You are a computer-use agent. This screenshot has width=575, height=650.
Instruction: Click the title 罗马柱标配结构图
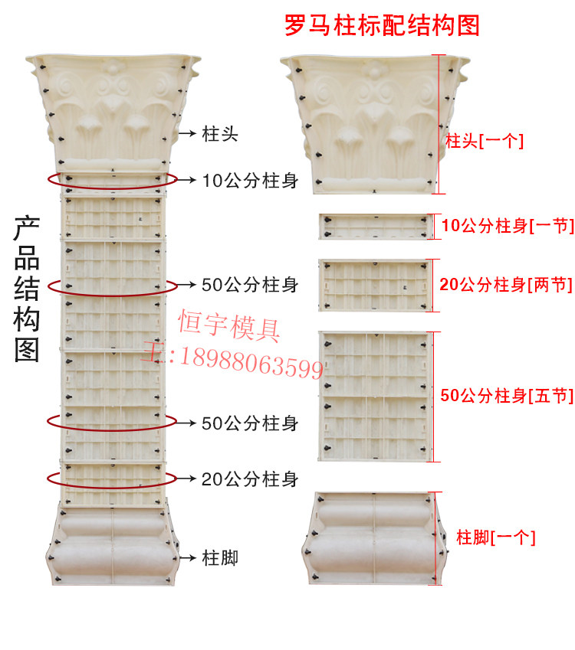click(x=382, y=25)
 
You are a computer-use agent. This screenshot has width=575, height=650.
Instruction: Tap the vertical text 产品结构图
click(x=27, y=289)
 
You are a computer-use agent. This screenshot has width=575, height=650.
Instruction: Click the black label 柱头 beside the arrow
click(x=220, y=133)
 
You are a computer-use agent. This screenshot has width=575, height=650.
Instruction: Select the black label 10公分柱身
click(x=250, y=181)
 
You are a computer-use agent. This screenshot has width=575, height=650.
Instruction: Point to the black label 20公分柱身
click(x=250, y=479)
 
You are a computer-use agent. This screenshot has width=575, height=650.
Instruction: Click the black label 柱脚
click(x=220, y=557)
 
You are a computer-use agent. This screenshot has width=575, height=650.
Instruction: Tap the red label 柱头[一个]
click(x=485, y=141)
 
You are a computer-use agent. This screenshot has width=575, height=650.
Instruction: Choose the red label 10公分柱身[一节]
click(x=508, y=226)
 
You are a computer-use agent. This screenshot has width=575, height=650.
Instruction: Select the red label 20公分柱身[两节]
click(x=506, y=285)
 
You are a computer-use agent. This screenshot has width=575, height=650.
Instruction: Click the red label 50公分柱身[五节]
click(x=507, y=396)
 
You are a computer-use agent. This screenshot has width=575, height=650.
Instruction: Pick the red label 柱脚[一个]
click(x=495, y=537)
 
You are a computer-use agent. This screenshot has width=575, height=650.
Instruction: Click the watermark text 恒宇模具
click(x=230, y=325)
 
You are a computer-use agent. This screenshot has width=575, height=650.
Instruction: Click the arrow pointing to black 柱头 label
click(x=186, y=133)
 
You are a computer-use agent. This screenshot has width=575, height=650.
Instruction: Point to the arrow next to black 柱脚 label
click(x=186, y=557)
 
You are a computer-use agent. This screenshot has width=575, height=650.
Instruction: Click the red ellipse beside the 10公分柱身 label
click(x=113, y=180)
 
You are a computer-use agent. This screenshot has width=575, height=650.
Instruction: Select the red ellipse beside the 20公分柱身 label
click(x=113, y=479)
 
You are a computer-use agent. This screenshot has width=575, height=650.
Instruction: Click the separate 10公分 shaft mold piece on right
click(x=373, y=227)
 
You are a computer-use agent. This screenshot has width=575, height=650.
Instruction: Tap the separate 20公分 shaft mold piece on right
click(x=373, y=285)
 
